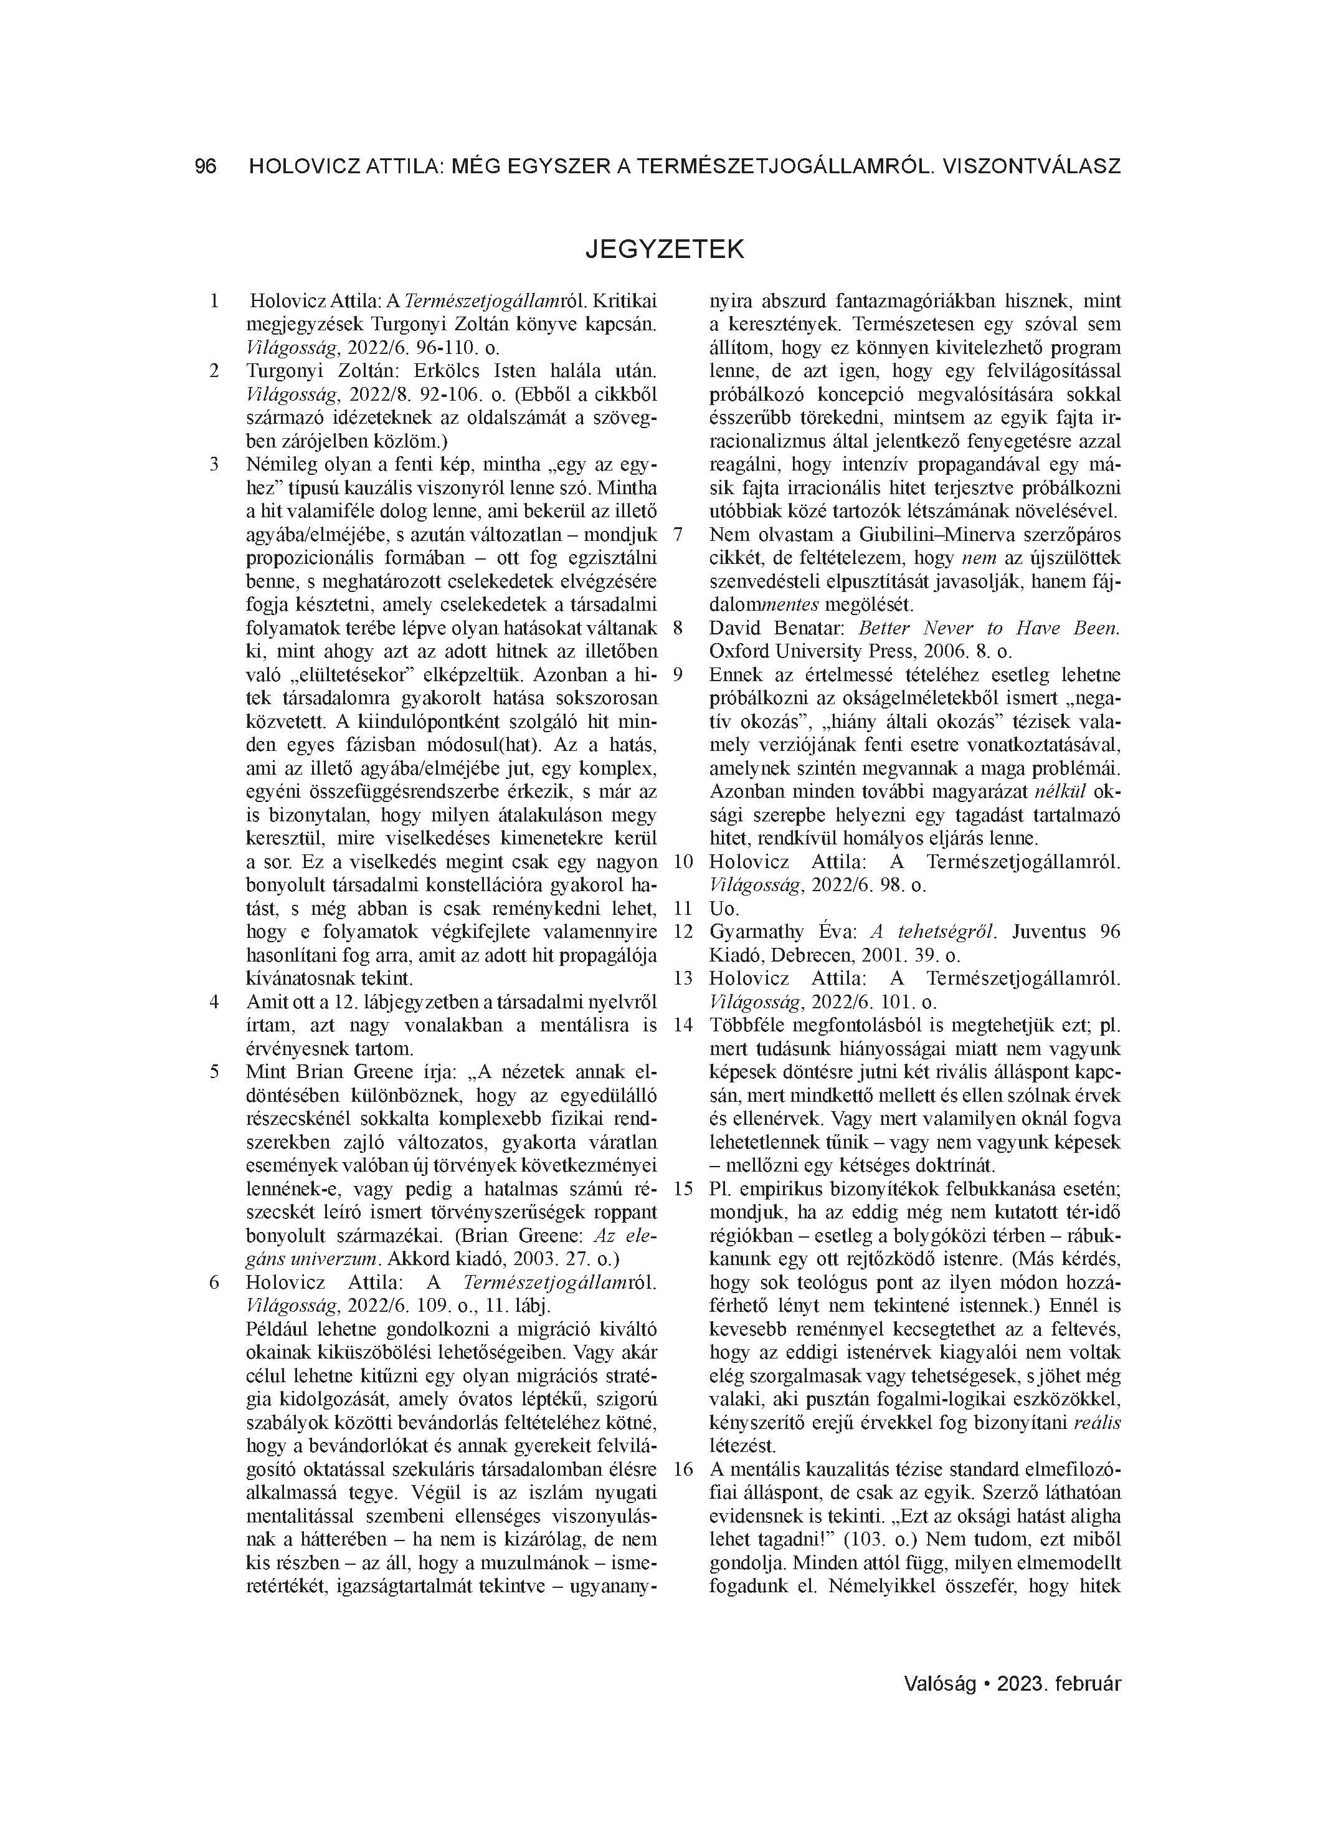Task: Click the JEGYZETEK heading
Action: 664,249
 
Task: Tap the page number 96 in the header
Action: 206,166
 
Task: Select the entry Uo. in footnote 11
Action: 723,908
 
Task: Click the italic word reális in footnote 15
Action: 1097,1422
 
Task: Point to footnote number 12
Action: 683,932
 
